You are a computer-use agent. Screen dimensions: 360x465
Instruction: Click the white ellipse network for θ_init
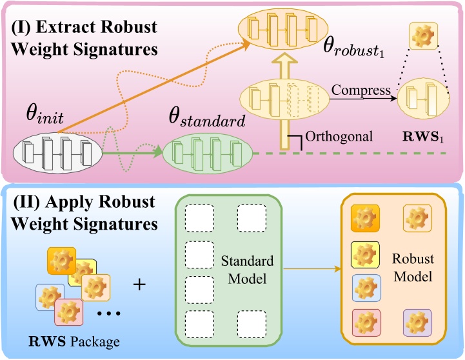57,153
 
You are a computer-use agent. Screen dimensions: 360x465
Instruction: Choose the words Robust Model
413,266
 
